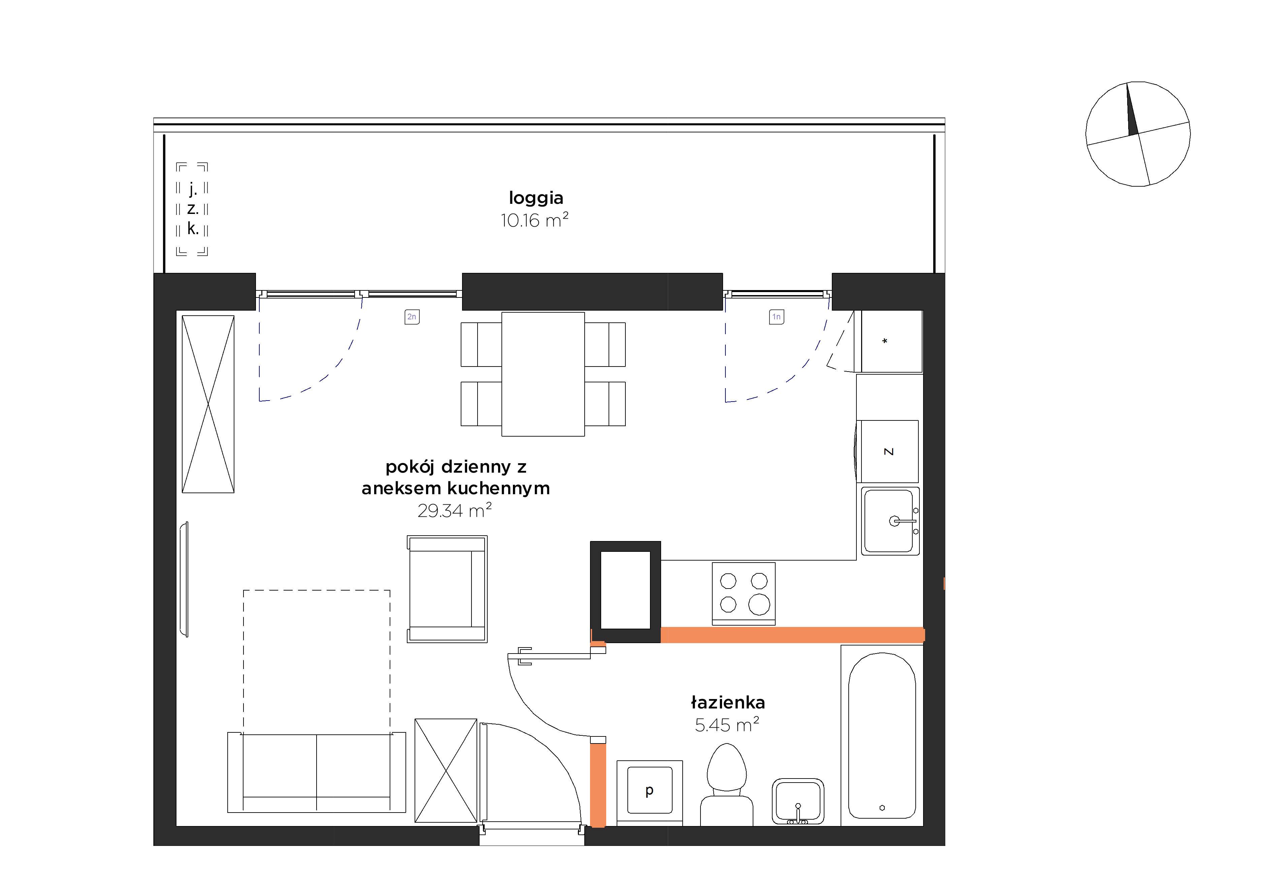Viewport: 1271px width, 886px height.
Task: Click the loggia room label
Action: click(536, 198)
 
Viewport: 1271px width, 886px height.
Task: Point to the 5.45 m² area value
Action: click(727, 724)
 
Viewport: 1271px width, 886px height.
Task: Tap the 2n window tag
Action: click(411, 317)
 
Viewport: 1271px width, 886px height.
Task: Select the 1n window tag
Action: click(776, 317)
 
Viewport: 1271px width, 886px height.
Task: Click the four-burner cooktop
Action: click(744, 594)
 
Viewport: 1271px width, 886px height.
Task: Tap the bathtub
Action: click(882, 735)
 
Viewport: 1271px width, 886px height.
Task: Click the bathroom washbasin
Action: click(798, 801)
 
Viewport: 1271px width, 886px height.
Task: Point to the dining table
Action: click(543, 374)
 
